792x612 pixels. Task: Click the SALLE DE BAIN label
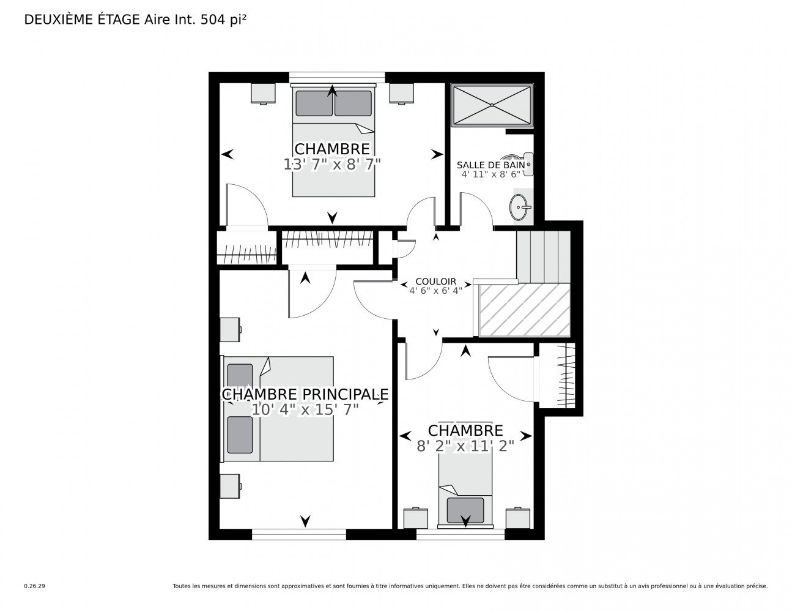pos(490,165)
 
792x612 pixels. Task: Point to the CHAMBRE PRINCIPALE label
pos(305,394)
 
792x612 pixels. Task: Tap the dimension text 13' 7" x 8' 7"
pos(332,165)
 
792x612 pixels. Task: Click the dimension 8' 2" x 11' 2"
pos(465,446)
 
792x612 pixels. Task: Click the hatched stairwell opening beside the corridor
pos(524,310)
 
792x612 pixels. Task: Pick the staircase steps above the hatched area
pos(543,256)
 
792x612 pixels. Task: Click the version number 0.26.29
pos(35,586)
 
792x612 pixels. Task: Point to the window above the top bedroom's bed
pos(337,78)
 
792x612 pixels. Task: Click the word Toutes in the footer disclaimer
pos(181,586)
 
